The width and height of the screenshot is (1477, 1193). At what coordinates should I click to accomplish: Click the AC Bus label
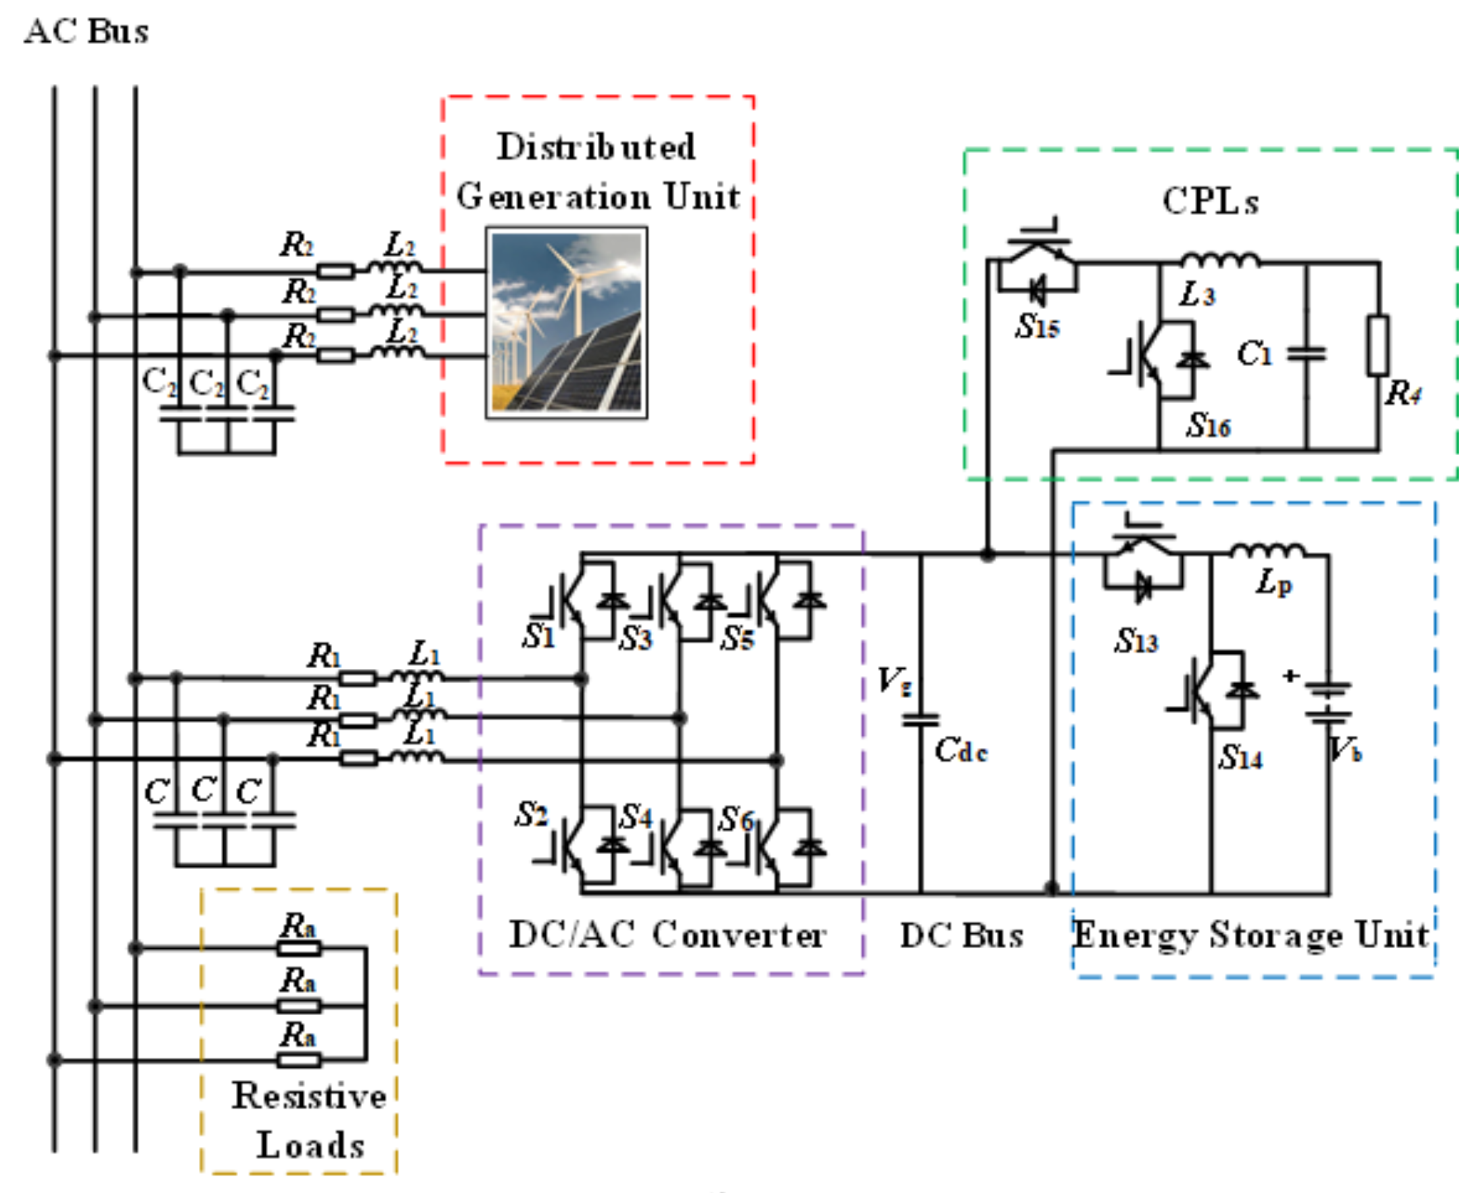pyautogui.click(x=86, y=32)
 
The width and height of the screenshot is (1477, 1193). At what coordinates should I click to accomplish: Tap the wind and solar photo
pyautogui.click(x=566, y=323)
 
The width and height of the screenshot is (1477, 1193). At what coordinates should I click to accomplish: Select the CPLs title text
pyautogui.click(x=1211, y=202)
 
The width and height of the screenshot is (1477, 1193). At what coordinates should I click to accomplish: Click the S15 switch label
pyautogui.click(x=1037, y=326)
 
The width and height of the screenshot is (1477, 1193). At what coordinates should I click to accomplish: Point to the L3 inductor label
pyautogui.click(x=1197, y=295)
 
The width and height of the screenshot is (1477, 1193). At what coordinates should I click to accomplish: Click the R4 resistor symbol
pyautogui.click(x=1378, y=346)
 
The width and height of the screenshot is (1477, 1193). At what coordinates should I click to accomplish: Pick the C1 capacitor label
pyautogui.click(x=1255, y=354)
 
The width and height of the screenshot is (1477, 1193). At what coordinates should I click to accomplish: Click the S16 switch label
pyautogui.click(x=1208, y=425)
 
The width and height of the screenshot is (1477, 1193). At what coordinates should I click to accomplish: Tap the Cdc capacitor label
pyautogui.click(x=961, y=750)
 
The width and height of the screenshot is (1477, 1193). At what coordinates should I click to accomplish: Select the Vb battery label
pyautogui.click(x=1345, y=750)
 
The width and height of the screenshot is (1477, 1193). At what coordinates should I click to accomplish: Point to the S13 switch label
pyautogui.click(x=1135, y=641)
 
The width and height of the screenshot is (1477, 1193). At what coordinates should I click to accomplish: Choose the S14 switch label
pyautogui.click(x=1240, y=757)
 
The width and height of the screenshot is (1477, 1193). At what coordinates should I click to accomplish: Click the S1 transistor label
pyautogui.click(x=538, y=636)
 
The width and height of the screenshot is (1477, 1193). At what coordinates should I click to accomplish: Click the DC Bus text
pyautogui.click(x=962, y=935)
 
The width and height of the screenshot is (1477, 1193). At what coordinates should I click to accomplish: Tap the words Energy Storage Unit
pyautogui.click(x=1251, y=935)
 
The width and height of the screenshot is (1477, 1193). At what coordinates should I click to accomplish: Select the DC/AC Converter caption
pyautogui.click(x=667, y=935)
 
